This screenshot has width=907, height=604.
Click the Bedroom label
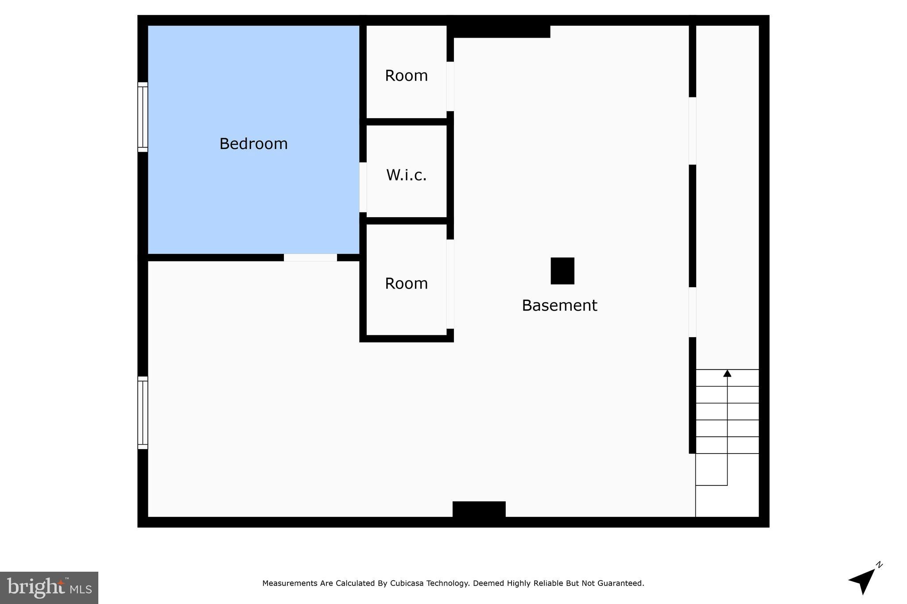tap(253, 144)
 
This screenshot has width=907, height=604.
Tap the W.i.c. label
tap(406, 175)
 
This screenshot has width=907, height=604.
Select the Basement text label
tap(559, 305)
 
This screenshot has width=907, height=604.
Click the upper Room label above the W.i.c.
tap(406, 76)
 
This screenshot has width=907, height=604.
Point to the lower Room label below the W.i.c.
tap(406, 284)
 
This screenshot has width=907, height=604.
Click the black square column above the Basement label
tap(562, 271)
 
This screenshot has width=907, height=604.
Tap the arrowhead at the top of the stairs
tap(727, 373)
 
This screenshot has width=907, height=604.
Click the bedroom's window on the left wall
tap(143, 117)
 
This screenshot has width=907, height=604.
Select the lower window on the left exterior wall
tap(143, 412)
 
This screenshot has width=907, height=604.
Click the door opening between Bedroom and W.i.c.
tap(363, 187)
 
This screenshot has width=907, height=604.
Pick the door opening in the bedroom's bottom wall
tap(310, 258)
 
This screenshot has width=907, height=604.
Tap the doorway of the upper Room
tap(450, 86)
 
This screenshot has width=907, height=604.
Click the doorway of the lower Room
tap(450, 284)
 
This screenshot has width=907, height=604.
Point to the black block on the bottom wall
tap(479, 509)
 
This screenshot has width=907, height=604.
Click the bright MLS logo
tap(49, 588)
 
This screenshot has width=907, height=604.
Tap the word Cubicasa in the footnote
tap(407, 583)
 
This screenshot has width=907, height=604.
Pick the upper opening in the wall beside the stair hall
tap(692, 131)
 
